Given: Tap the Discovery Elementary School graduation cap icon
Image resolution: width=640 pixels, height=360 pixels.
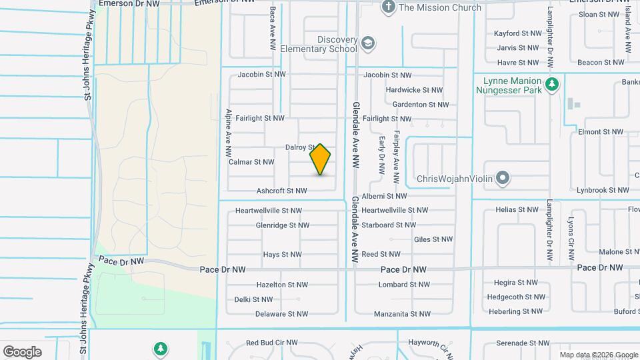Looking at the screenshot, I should pyautogui.click(x=368, y=44).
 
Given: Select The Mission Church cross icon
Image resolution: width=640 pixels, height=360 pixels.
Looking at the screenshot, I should pyautogui.click(x=389, y=7).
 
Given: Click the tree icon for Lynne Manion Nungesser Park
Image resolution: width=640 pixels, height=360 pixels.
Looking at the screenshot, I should pyautogui.click(x=551, y=85).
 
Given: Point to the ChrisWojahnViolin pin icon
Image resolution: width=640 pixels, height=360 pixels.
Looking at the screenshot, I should pyautogui.click(x=503, y=179).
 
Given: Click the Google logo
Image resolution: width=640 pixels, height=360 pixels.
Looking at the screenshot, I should pyautogui.click(x=23, y=351).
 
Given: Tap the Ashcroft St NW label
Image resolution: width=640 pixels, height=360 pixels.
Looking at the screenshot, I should pyautogui.click(x=282, y=191).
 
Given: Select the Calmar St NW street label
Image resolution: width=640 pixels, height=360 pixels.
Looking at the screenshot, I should pyautogui.click(x=251, y=162).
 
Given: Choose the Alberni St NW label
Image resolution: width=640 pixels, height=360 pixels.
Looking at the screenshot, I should pyautogui.click(x=384, y=197).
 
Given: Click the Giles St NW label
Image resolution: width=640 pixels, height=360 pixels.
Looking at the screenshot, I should pyautogui.click(x=433, y=239).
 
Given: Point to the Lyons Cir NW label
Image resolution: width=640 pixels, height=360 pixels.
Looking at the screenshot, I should pyautogui.click(x=571, y=237).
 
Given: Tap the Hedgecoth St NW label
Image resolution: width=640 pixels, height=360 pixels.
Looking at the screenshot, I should pyautogui.click(x=516, y=297).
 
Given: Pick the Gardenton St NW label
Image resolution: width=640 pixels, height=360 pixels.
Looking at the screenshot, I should pyautogui.click(x=420, y=105).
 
